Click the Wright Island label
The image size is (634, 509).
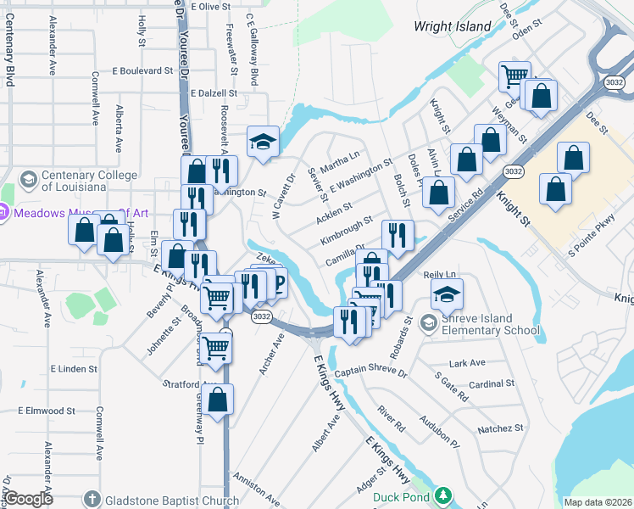point(452,26)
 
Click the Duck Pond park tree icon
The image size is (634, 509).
point(442,496)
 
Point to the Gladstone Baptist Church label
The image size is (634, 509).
point(167,501)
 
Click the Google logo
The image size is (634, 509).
point(30,499)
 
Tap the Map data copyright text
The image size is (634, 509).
point(598,502)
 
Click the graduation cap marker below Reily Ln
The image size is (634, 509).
point(447,294)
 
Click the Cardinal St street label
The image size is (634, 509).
point(487,384)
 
